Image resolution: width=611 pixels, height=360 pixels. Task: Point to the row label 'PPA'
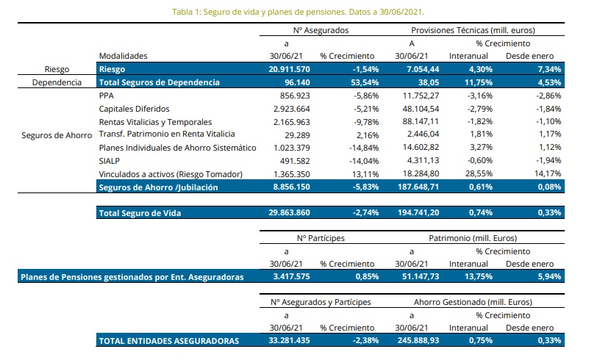(x=106, y=96)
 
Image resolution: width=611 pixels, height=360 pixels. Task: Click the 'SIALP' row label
(x=110, y=161)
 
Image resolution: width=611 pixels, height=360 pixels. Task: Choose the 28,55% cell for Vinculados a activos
(x=474, y=174)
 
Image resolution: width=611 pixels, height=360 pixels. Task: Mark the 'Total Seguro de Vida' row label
(x=140, y=213)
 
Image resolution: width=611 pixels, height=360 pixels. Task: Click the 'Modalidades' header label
(x=123, y=56)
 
